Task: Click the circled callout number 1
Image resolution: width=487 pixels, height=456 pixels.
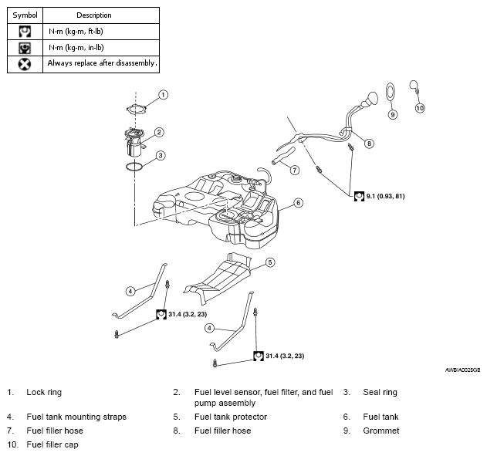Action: click(163, 95)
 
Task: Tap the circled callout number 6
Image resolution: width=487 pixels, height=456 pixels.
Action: click(298, 203)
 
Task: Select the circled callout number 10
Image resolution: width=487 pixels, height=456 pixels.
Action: click(420, 108)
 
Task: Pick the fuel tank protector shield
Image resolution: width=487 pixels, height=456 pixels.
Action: click(218, 276)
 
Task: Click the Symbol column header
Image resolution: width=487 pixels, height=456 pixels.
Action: click(25, 15)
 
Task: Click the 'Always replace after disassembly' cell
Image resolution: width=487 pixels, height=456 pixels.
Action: click(101, 64)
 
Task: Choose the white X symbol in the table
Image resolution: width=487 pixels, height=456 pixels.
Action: click(25, 65)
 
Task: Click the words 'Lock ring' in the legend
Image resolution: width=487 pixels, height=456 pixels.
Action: click(44, 392)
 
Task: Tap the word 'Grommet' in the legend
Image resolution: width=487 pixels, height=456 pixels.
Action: click(381, 431)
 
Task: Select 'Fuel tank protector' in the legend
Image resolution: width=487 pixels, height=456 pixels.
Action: click(231, 417)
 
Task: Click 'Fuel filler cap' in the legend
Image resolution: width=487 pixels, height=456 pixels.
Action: click(52, 444)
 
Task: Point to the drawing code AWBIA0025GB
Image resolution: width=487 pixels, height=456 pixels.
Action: click(462, 370)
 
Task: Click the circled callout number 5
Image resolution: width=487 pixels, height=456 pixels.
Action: click(270, 262)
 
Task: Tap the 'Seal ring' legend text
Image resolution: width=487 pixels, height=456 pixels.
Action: click(380, 392)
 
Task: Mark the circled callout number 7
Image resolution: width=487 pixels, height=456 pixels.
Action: click(294, 170)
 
